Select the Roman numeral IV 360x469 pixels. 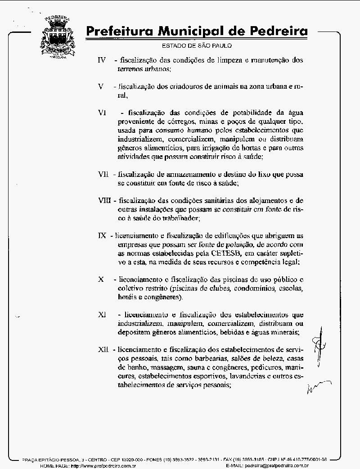(102, 60)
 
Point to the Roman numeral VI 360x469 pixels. (102, 113)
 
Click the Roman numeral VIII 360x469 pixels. (105, 200)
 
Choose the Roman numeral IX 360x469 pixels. (102, 235)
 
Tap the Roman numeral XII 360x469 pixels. (103, 349)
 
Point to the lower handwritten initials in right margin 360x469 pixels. (319, 386)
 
